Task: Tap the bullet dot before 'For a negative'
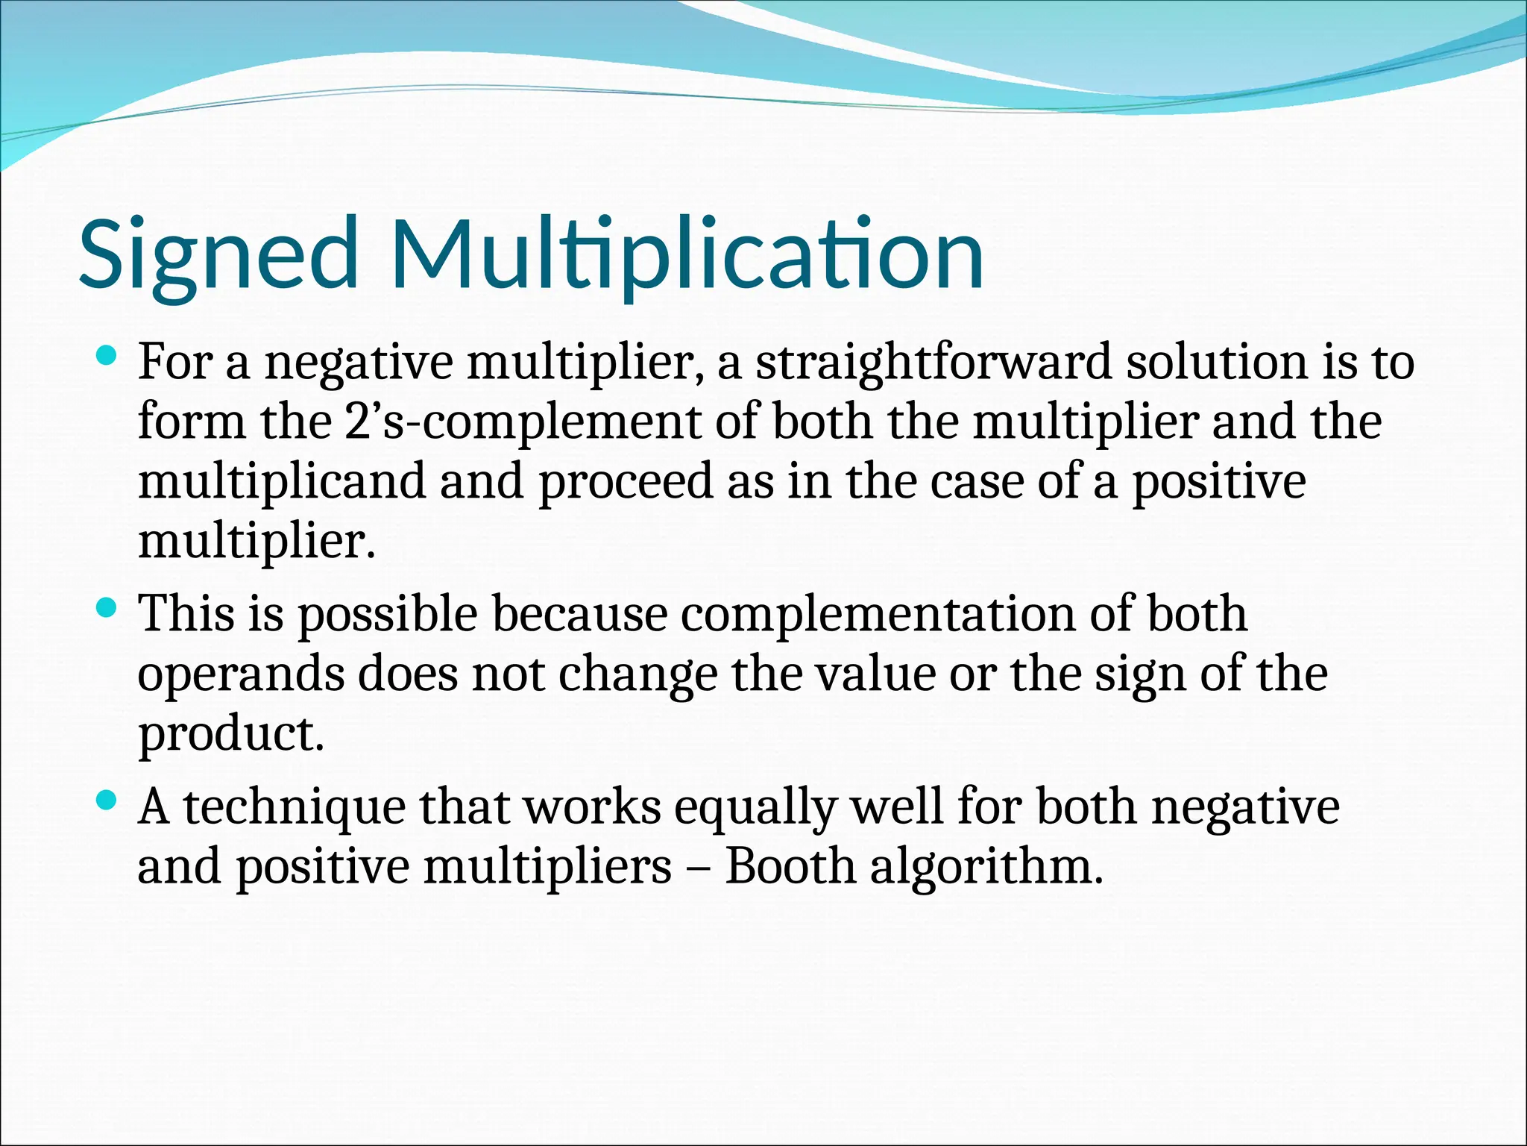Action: pyautogui.click(x=107, y=357)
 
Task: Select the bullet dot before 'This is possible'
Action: pyautogui.click(x=107, y=609)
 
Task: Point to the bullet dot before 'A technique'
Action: pyautogui.click(x=107, y=801)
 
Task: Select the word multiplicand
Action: pyautogui.click(x=282, y=482)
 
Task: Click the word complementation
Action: pyautogui.click(x=878, y=616)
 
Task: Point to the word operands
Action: pyautogui.click(x=241, y=676)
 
